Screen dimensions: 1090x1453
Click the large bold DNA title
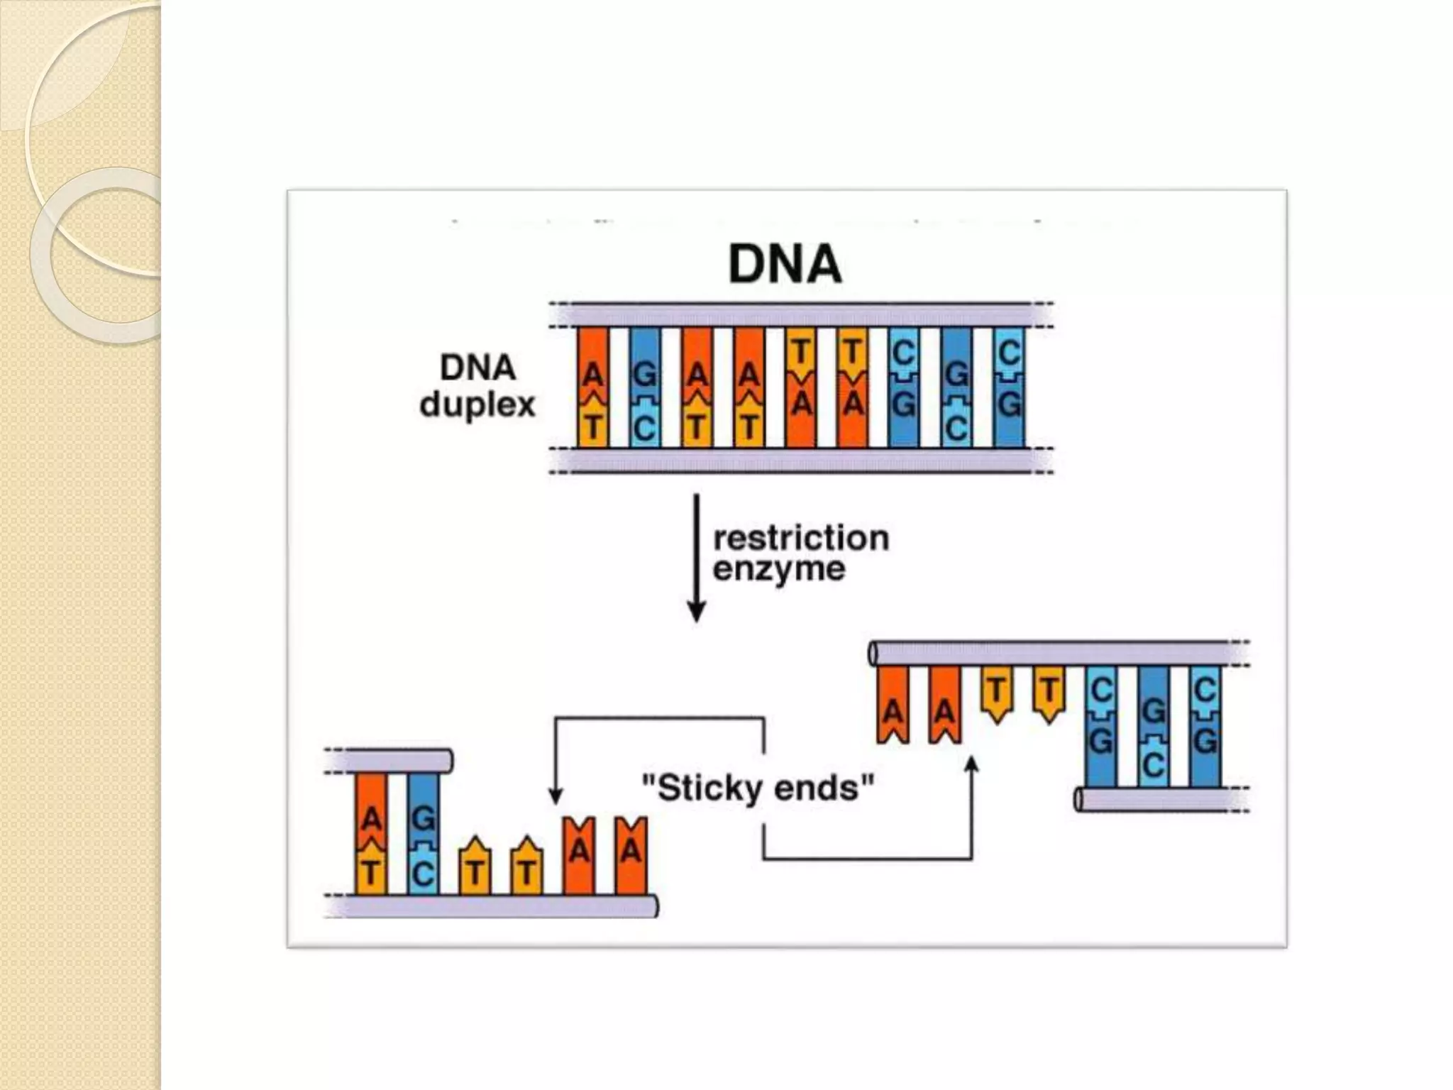click(x=785, y=265)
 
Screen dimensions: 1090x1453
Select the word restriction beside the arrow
click(x=800, y=538)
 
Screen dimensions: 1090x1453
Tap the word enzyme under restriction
click(x=779, y=569)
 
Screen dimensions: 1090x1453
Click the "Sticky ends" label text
click(x=758, y=788)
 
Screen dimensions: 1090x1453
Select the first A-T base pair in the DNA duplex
click(x=592, y=387)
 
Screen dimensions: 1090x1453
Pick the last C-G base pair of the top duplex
click(x=1009, y=387)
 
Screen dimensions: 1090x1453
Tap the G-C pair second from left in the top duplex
click(x=644, y=387)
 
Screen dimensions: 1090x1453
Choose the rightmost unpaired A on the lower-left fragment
click(x=631, y=855)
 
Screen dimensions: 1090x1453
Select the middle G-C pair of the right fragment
click(x=1153, y=727)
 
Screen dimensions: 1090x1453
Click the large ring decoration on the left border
click(x=99, y=255)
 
